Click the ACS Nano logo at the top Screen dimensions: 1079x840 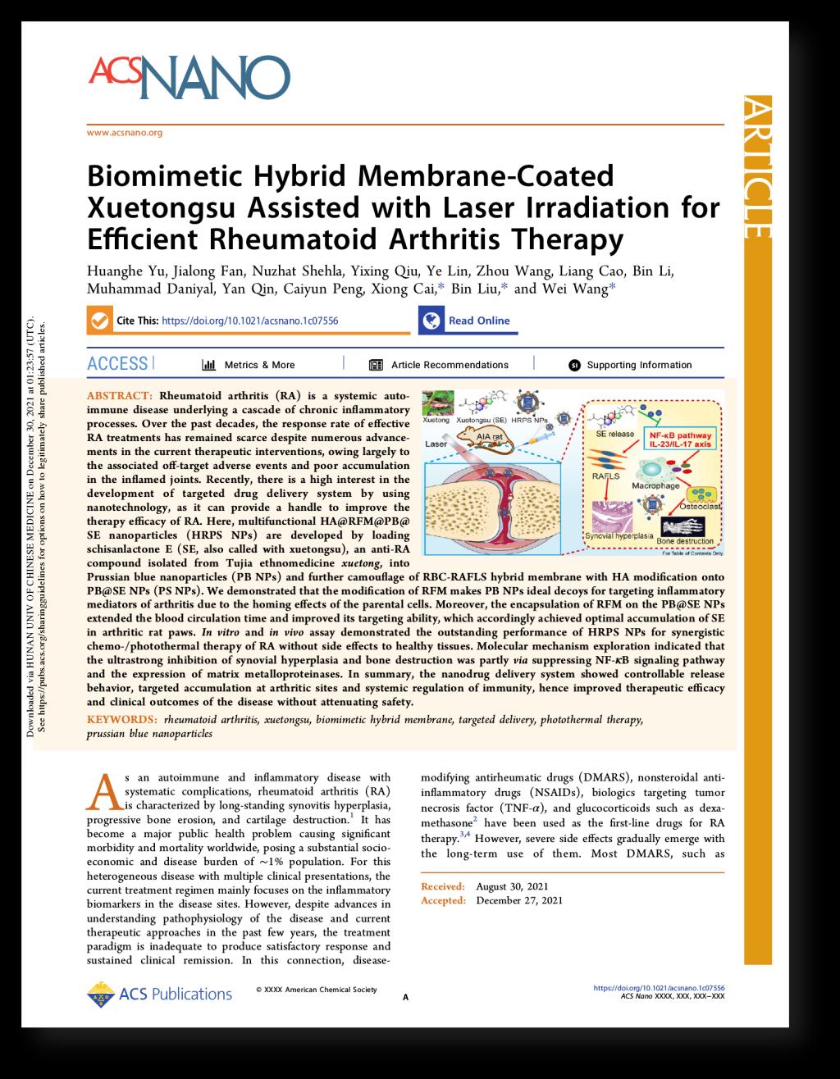point(189,76)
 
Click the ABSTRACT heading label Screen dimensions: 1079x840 point(120,395)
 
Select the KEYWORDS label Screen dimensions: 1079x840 point(122,719)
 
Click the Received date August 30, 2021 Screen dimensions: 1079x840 point(511,886)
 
